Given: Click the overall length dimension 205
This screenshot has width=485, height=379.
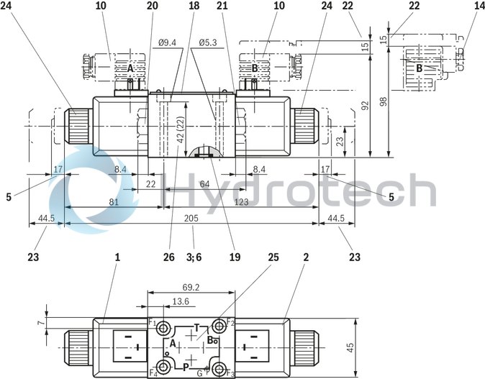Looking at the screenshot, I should click(x=191, y=218).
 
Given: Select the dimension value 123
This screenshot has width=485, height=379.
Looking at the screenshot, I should click(x=240, y=202).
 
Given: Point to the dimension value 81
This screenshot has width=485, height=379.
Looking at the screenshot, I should click(x=114, y=202).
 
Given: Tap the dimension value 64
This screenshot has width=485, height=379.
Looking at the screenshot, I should click(x=204, y=184).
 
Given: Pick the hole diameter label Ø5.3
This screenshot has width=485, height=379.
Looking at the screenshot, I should click(x=209, y=42).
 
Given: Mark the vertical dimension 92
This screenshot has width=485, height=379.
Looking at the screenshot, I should click(x=364, y=105).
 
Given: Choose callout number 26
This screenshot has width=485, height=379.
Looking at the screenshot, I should click(x=168, y=256).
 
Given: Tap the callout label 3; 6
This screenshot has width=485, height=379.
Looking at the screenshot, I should click(x=194, y=256).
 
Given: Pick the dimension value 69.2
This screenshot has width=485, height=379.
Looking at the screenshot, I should click(x=190, y=286).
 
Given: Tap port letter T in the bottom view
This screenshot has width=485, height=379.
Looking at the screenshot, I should click(x=196, y=328).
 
